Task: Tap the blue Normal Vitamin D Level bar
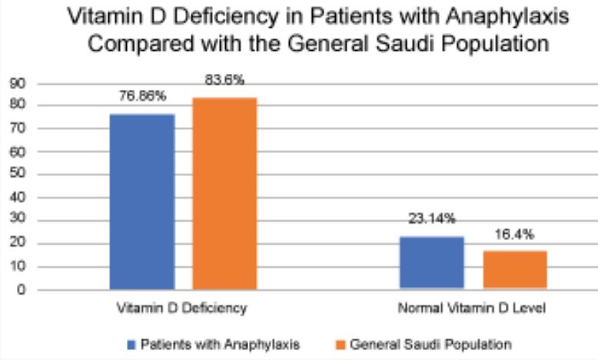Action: pyautogui.click(x=431, y=263)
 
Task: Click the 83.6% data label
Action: pyautogui.click(x=224, y=80)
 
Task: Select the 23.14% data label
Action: pyautogui.click(x=431, y=219)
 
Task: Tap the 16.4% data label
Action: pyautogui.click(x=513, y=234)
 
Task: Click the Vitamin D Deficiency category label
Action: pyautogui.click(x=181, y=308)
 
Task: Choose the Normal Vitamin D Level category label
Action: pyautogui.click(x=472, y=308)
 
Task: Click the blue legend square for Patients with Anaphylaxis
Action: pyautogui.click(x=131, y=342)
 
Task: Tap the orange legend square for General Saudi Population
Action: pyautogui.click(x=341, y=342)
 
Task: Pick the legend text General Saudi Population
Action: pyautogui.click(x=430, y=342)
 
